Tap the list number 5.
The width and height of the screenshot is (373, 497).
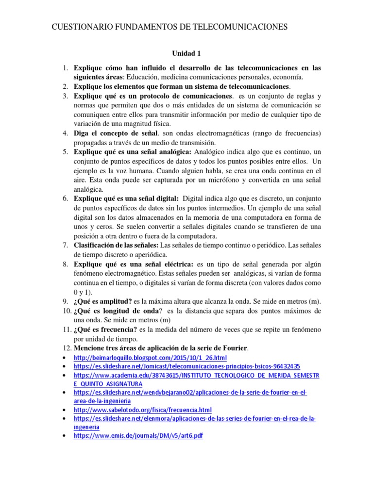[x=65, y=152]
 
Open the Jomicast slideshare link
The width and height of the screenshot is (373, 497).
[x=186, y=366]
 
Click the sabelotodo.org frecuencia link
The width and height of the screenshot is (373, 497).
[x=143, y=410]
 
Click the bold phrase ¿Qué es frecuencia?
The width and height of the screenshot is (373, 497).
[x=106, y=330]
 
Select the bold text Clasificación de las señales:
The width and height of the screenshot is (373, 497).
[x=117, y=245]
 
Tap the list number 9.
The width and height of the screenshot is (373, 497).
[x=65, y=301]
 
